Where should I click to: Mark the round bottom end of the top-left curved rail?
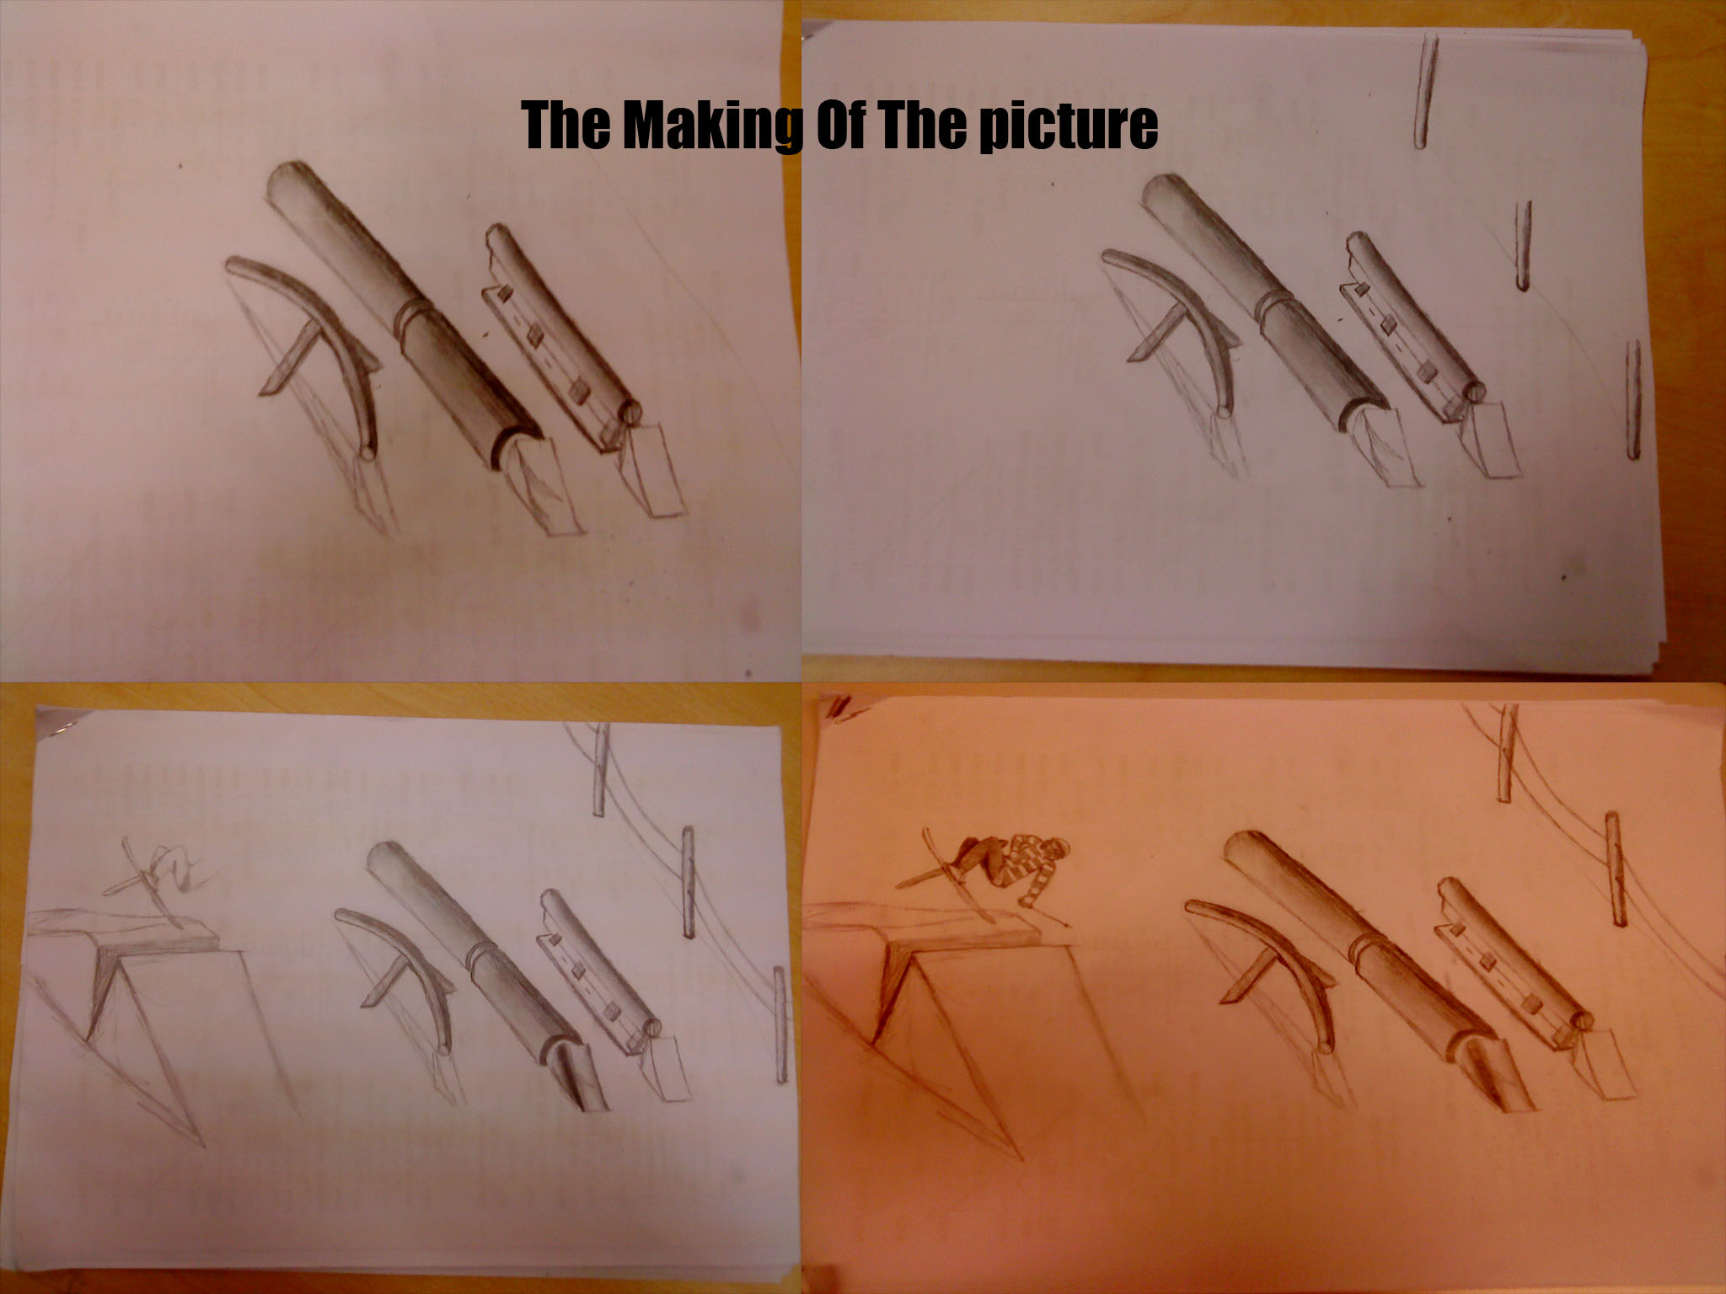coord(367,452)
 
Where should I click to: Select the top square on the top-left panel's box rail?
coord(504,293)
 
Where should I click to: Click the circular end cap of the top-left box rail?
coord(631,412)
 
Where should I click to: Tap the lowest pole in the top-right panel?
coord(1633,400)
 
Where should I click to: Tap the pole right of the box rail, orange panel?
coord(1613,868)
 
